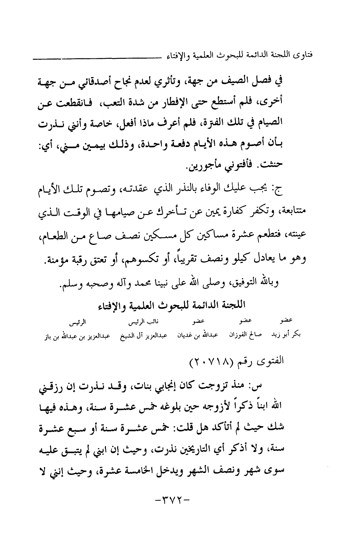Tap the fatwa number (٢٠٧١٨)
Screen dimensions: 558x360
pos(206,362)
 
